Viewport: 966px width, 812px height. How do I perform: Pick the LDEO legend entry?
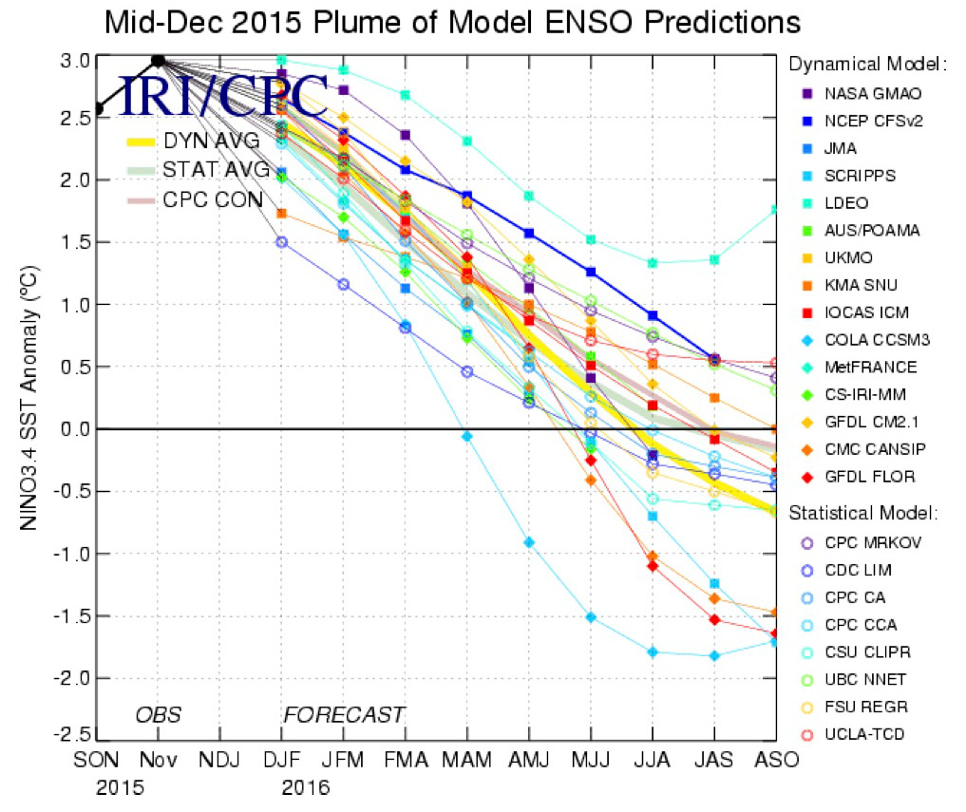coord(844,203)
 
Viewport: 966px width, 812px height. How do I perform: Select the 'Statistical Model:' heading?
coord(862,513)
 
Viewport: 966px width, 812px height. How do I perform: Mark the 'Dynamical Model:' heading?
coord(866,65)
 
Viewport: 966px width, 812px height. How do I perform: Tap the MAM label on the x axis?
coord(467,762)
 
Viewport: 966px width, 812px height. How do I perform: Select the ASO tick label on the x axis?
coord(775,762)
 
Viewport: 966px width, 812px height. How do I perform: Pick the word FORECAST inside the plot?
coord(344,714)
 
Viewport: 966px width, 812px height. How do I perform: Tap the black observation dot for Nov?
coord(159,61)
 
